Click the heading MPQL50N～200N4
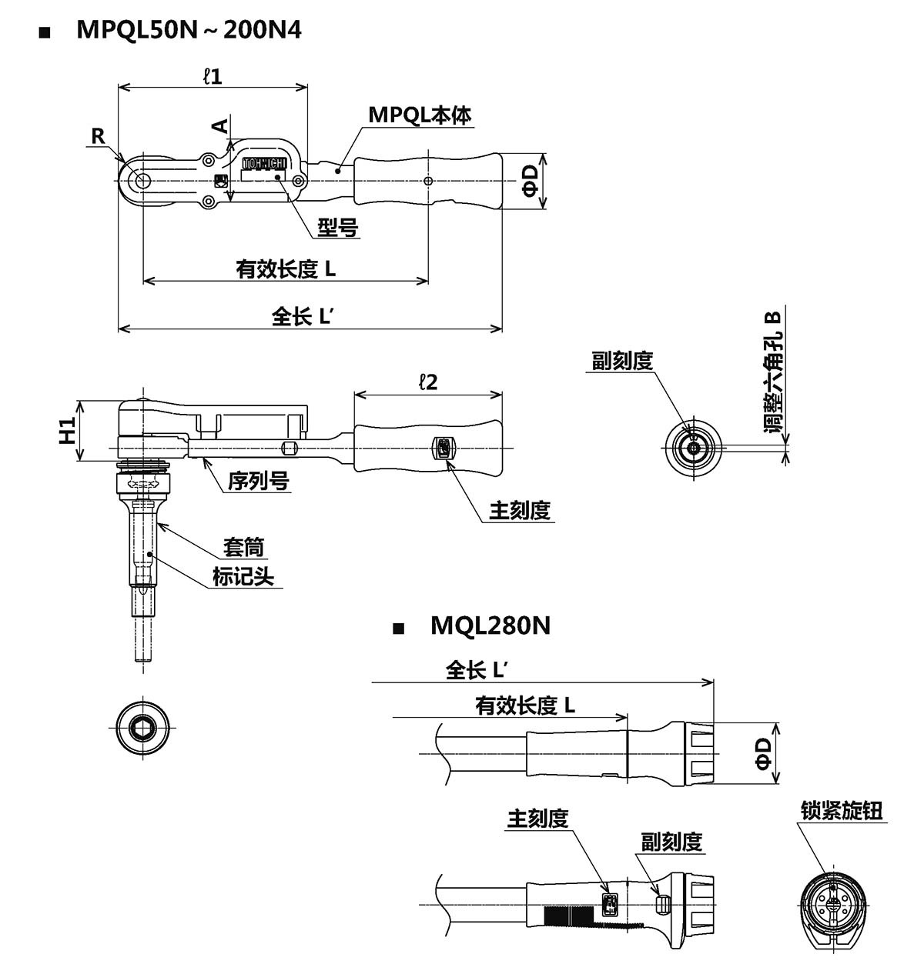pyautogui.click(x=189, y=30)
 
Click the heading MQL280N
pyautogui.click(x=490, y=625)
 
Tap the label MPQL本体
pyautogui.click(x=420, y=115)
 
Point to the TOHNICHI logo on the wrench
pyautogui.click(x=264, y=164)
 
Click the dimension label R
pyautogui.click(x=99, y=136)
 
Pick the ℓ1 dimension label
pyautogui.click(x=212, y=75)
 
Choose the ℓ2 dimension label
pyautogui.click(x=427, y=382)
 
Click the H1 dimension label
pyautogui.click(x=69, y=430)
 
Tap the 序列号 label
pyautogui.click(x=258, y=481)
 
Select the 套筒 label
pyautogui.click(x=243, y=547)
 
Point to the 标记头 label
pyautogui.click(x=243, y=575)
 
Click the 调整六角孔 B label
pyautogui.click(x=772, y=371)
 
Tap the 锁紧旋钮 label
pyautogui.click(x=842, y=811)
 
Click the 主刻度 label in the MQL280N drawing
pyautogui.click(x=537, y=819)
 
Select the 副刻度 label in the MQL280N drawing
pyautogui.click(x=671, y=842)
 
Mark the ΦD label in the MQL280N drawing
pyautogui.click(x=763, y=753)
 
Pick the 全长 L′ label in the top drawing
pyautogui.click(x=302, y=316)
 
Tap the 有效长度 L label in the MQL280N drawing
pyautogui.click(x=525, y=705)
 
